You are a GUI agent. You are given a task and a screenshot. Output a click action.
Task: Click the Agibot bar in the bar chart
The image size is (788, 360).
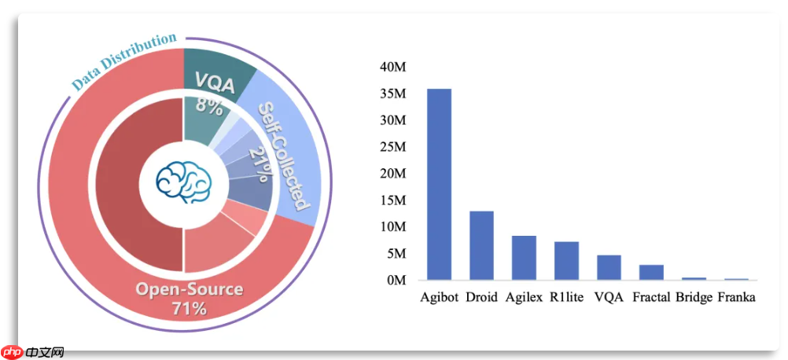pos(439,184)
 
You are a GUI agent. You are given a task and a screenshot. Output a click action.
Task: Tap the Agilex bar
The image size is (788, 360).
pos(524,258)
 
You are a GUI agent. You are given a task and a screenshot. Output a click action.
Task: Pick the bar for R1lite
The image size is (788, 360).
pos(566,260)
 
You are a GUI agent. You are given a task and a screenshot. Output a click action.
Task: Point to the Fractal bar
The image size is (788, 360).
pos(651,272)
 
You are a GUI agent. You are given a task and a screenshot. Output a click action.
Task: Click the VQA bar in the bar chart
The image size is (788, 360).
pos(609,267)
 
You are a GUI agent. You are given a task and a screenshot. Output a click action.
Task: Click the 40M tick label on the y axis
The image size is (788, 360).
pos(392,68)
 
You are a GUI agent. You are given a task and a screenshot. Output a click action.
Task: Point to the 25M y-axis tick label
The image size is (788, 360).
pos(392,147)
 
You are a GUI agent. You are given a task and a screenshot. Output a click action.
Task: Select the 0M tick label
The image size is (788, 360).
pos(396,280)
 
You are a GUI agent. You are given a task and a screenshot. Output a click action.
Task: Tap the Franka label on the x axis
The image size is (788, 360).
pos(737,298)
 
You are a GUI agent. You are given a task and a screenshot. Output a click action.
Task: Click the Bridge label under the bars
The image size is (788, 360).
pos(694,298)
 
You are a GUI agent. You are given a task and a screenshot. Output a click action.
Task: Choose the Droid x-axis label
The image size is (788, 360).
pos(481,298)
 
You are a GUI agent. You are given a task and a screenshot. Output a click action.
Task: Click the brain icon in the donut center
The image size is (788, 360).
pos(183,182)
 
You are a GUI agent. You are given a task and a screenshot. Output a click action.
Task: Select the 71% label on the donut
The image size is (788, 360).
pos(189,308)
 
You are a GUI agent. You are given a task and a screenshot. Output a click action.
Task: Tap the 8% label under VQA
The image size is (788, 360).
pos(209,105)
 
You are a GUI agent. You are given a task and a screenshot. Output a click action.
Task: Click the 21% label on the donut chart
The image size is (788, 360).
pos(259,163)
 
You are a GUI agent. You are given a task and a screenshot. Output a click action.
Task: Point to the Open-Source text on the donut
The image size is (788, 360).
pos(189,289)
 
